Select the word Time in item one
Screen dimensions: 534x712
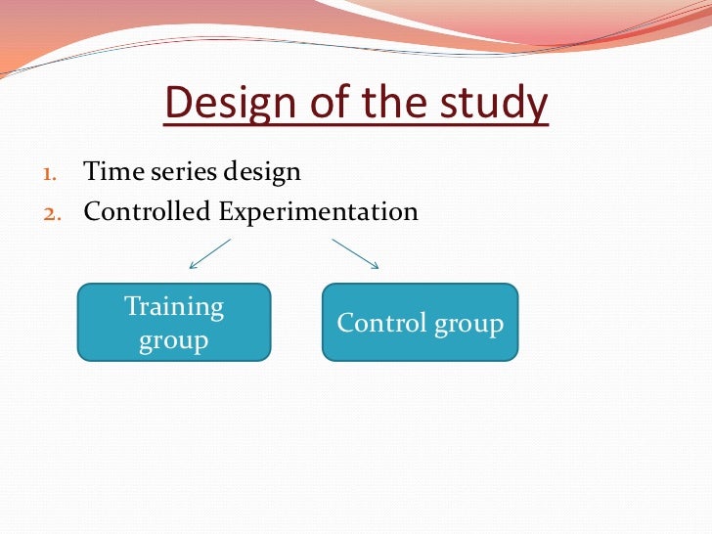click(109, 173)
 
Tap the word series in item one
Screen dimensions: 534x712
click(176, 173)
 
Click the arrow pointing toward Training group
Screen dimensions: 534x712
click(210, 253)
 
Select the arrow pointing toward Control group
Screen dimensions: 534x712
click(354, 253)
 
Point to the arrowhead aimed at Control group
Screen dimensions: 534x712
click(375, 265)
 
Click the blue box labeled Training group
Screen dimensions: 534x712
click(174, 323)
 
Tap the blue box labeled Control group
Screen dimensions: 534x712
click(420, 323)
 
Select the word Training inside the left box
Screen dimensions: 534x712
click(174, 307)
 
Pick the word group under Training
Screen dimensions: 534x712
click(174, 341)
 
